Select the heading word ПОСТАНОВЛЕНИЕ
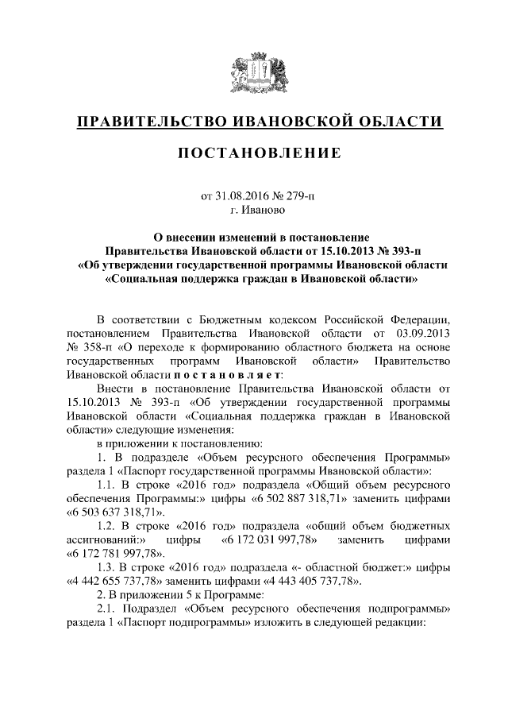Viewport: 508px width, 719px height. (254, 152)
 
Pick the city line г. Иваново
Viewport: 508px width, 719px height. (254, 211)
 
